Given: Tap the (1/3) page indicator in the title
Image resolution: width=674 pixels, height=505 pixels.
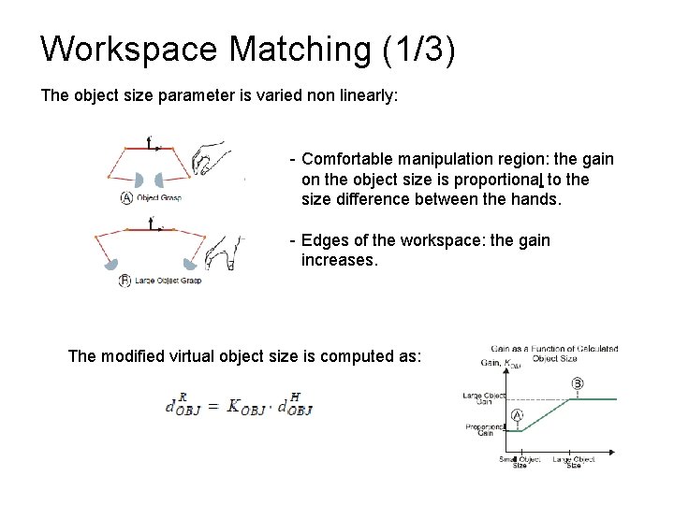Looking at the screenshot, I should (x=418, y=49).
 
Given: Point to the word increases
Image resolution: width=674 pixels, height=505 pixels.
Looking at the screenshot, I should (x=340, y=260).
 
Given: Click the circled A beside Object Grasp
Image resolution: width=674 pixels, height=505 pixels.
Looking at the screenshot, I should (x=126, y=197).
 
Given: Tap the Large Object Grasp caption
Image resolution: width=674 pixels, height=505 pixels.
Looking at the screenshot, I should (x=169, y=281).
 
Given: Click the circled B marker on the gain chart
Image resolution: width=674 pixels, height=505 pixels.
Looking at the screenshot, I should (x=576, y=383).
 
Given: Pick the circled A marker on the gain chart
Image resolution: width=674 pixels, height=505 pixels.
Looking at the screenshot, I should (x=516, y=415).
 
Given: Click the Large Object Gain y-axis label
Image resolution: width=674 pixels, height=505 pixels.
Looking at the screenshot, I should (x=482, y=399).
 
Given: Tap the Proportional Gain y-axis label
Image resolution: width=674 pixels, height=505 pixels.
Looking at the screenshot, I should (x=482, y=430).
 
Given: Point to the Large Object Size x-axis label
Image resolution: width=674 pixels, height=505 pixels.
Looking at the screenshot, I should (x=573, y=462).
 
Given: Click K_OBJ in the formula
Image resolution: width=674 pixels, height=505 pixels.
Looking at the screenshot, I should (x=246, y=407).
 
